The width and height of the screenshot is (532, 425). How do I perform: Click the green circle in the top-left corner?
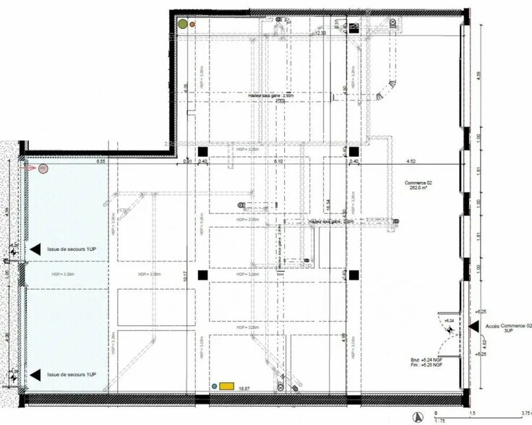[x=183, y=23]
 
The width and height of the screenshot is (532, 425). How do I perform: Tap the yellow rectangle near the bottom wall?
[x=227, y=386]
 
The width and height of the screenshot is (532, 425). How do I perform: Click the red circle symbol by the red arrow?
[x=43, y=169]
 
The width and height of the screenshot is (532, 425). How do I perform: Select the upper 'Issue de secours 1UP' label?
[x=72, y=249]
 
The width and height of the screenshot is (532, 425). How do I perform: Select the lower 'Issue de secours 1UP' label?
[x=72, y=374]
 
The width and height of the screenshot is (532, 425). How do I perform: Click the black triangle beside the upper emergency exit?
[x=35, y=249]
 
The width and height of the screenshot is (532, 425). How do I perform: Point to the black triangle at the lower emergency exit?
[x=35, y=374]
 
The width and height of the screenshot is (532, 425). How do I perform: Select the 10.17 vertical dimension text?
[x=186, y=275]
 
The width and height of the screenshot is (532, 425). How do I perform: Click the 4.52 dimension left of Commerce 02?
[x=411, y=161]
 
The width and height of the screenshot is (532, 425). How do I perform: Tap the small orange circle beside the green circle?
[x=193, y=23]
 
